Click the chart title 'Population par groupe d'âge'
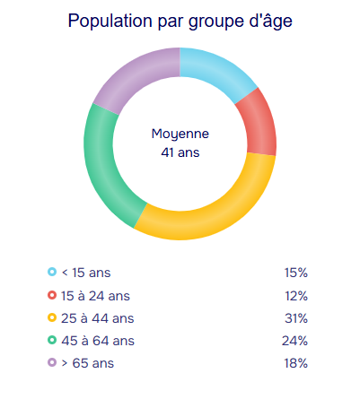click(180, 21)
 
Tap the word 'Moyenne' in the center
click(180, 134)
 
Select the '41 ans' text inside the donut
click(180, 152)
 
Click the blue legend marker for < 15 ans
click(52, 272)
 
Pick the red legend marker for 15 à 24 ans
click(52, 295)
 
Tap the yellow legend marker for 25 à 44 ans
click(52, 317)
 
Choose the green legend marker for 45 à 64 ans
click(52, 340)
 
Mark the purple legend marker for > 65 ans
click(52, 362)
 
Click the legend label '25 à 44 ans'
click(98, 318)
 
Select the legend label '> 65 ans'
click(88, 363)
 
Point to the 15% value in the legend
click(296, 273)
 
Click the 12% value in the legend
click(296, 296)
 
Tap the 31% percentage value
click(296, 318)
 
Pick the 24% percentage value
click(294, 341)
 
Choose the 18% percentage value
click(296, 363)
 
